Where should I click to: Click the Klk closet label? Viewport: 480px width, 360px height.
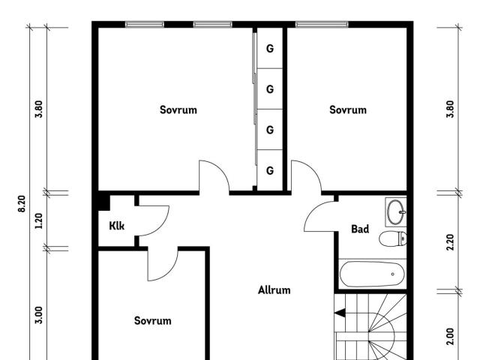117,226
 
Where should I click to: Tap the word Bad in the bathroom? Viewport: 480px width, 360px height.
360,229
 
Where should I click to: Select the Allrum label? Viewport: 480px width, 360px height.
274,290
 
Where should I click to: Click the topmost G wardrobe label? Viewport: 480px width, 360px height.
270,48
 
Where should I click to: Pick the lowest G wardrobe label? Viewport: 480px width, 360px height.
270,170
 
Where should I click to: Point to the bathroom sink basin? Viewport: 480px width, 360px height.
397,211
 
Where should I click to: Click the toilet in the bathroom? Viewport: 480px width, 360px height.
393,238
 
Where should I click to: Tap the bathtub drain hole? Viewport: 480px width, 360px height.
393,274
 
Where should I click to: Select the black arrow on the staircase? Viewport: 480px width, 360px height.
340,313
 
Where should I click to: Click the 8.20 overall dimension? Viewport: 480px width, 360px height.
22,203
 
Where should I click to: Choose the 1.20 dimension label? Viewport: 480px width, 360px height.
39,221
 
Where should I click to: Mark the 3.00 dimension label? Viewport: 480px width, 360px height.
39,315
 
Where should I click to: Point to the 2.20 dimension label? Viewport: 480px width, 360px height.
450,242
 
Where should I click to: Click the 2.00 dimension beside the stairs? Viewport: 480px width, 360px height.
450,337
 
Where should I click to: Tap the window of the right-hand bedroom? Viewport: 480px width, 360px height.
322,25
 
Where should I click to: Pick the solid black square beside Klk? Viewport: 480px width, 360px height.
103,202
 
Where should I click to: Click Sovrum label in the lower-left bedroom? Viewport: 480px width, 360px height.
152,320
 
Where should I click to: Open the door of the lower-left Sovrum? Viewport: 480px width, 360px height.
163,265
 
